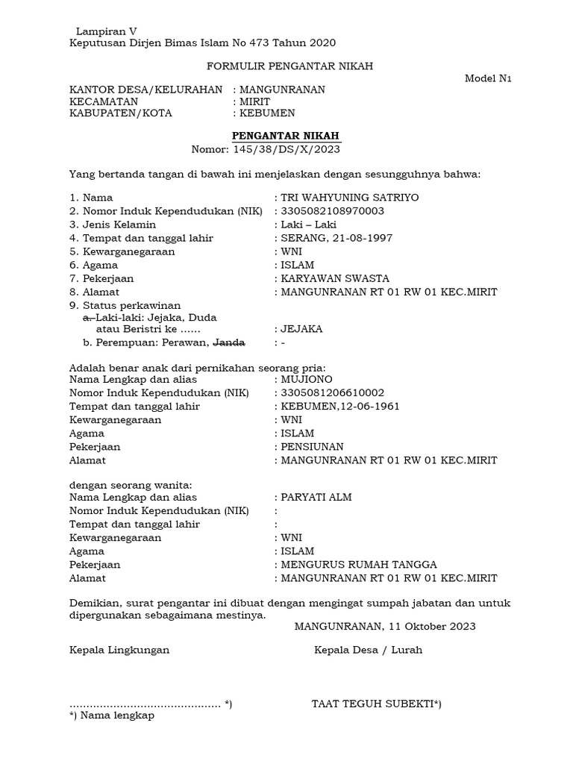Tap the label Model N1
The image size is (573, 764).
click(488, 78)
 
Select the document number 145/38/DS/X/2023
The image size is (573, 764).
click(286, 149)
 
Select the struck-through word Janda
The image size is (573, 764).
click(229, 342)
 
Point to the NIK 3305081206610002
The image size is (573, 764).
click(332, 392)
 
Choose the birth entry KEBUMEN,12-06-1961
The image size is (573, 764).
click(339, 406)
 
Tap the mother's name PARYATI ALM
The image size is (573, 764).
click(316, 497)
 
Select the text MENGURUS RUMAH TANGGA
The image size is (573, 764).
click(358, 564)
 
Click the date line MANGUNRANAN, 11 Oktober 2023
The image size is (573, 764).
click(385, 626)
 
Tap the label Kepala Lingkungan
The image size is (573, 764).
click(119, 649)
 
